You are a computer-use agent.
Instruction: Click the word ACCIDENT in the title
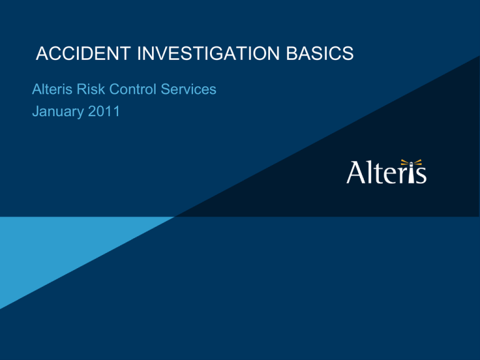pos(83,54)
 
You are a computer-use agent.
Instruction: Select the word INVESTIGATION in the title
pos(209,54)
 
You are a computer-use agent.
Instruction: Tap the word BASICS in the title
pos(320,54)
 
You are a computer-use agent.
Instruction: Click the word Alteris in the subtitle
pos(52,89)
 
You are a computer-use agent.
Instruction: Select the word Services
pos(189,89)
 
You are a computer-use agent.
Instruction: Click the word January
pos(58,112)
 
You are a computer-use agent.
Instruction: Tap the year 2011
pos(104,111)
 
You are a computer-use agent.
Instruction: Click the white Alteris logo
pos(386,171)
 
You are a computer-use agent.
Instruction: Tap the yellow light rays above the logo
pos(411,162)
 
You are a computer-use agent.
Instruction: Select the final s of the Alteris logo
pos(421,176)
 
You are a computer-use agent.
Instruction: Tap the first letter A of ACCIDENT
pos(42,54)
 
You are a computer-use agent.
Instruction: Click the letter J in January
pos(36,111)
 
